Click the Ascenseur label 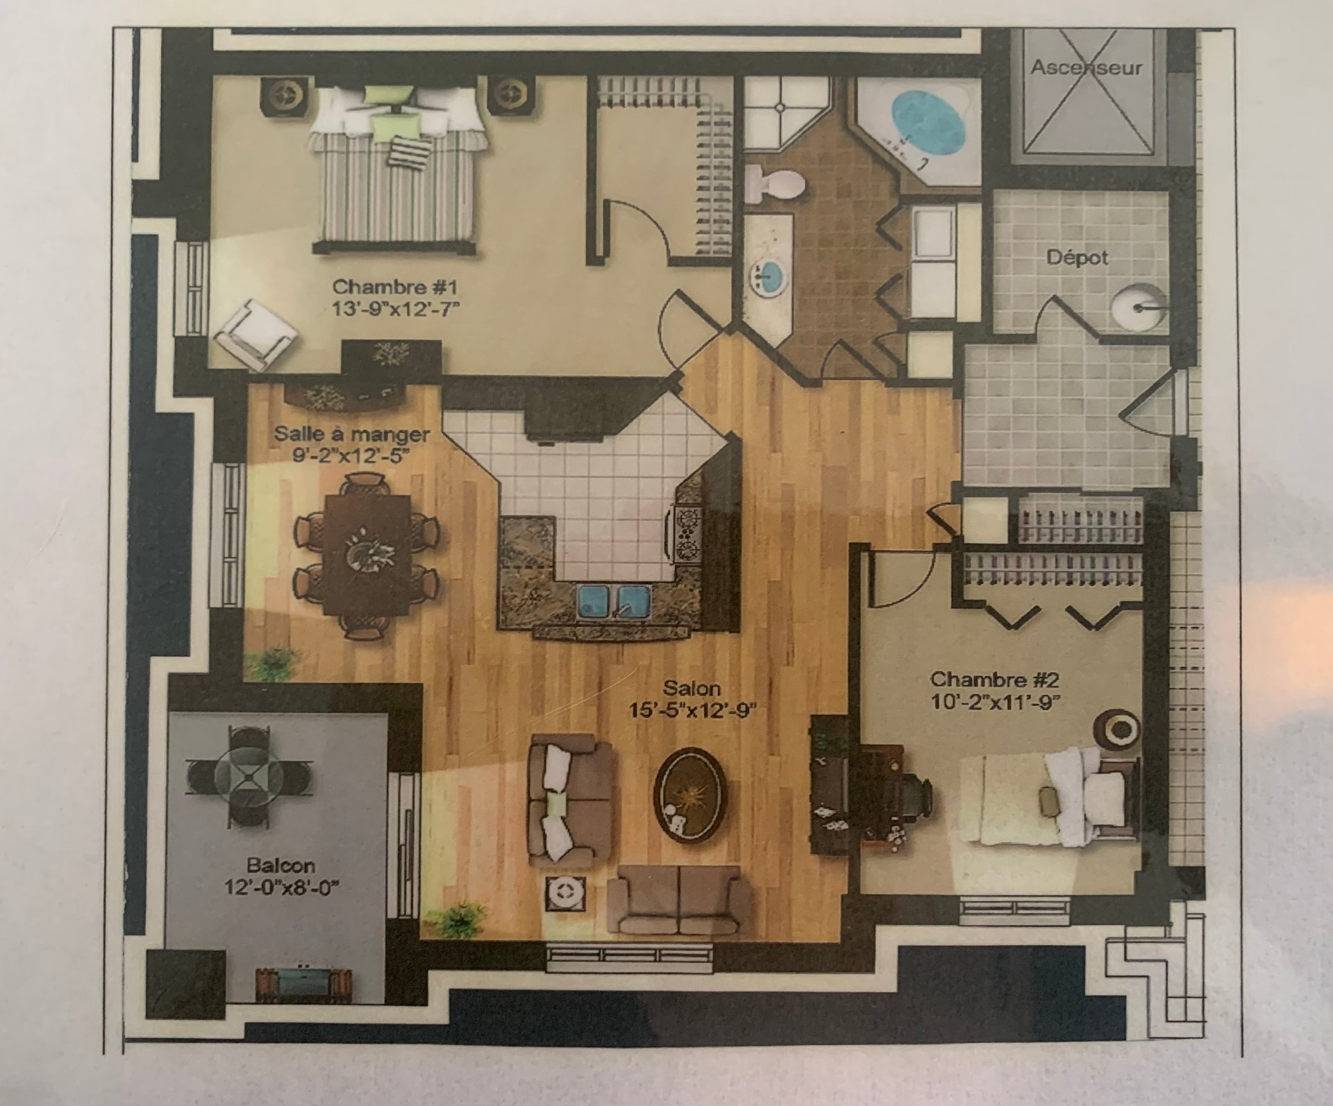(1087, 68)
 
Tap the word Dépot (1077, 258)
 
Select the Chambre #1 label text (395, 287)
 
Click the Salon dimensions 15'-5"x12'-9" (691, 711)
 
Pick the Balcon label (280, 866)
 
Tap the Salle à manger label (352, 435)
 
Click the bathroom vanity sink (769, 276)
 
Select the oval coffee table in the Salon (690, 794)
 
